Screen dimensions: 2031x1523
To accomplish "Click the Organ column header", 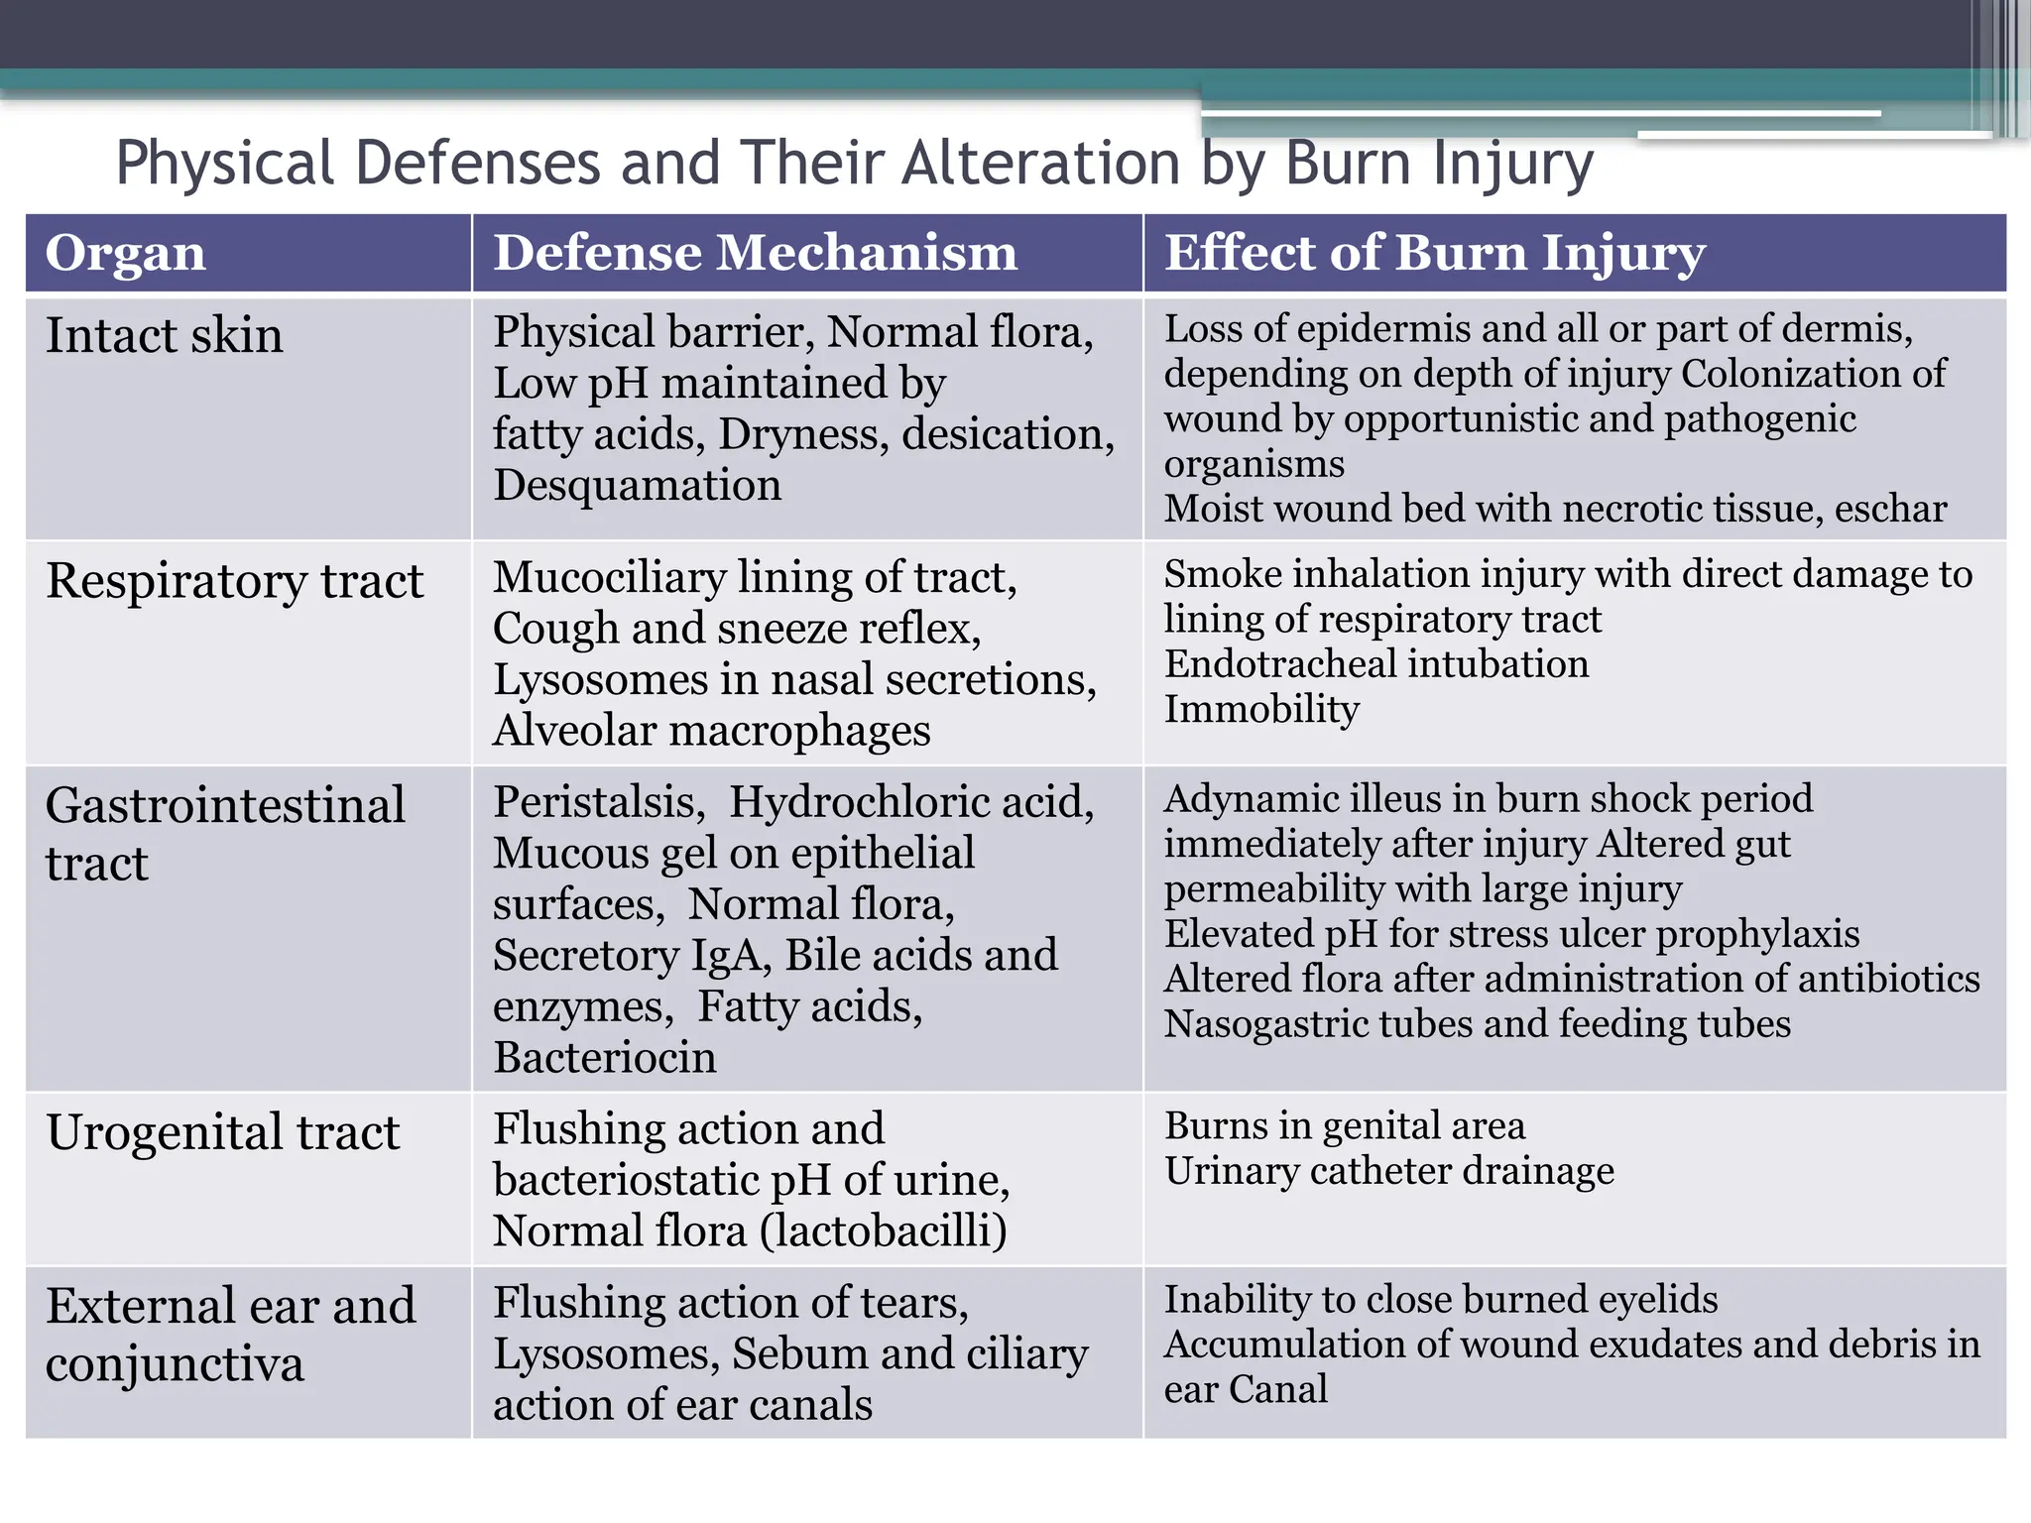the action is tap(126, 253).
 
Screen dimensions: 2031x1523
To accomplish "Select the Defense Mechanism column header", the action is tap(756, 253).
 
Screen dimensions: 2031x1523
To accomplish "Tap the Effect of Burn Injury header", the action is tap(1434, 253).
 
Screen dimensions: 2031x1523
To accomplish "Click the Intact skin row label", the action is tap(165, 335).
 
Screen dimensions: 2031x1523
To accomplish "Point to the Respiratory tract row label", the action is tap(235, 581).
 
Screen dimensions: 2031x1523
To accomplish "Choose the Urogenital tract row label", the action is tap(223, 1132).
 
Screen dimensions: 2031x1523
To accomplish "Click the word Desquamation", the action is tap(638, 486).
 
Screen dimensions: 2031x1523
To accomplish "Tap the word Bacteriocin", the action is tap(605, 1058).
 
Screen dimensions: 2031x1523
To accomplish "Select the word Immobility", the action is tap(1261, 710).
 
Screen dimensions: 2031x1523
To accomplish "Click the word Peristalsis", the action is tap(599, 802).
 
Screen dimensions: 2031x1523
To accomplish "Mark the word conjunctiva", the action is tap(175, 1364).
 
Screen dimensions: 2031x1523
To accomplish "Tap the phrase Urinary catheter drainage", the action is tap(1388, 1172).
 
